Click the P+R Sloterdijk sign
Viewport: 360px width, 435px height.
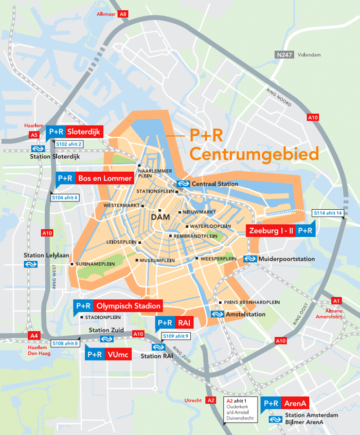coord(75,132)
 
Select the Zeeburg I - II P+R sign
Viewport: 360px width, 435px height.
coord(281,231)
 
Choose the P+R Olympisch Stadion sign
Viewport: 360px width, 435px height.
coord(118,306)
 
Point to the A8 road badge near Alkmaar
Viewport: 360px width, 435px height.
coord(123,14)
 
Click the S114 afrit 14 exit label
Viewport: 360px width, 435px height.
coord(328,213)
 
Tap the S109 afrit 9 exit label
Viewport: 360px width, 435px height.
coord(175,336)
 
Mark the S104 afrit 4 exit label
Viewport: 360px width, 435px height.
coord(65,197)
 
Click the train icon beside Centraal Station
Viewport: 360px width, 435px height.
coord(184,184)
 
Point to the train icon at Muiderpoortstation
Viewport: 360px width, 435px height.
coord(250,259)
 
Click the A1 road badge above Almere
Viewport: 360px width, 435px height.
coord(337,300)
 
